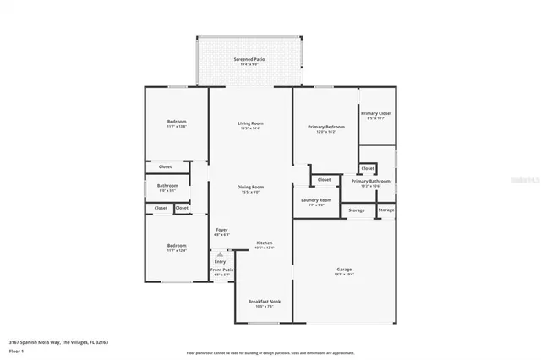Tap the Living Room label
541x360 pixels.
point(250,124)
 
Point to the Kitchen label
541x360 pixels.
point(265,243)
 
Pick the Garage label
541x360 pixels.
point(344,270)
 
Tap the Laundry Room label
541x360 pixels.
point(316,200)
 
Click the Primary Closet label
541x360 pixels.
point(376,114)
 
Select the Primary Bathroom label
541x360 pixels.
point(370,181)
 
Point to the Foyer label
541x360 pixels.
point(221,229)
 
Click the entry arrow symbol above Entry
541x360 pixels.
point(220,254)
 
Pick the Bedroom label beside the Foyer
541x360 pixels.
point(176,246)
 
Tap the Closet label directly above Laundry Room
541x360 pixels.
point(325,179)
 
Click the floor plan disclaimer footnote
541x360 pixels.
point(270,352)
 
